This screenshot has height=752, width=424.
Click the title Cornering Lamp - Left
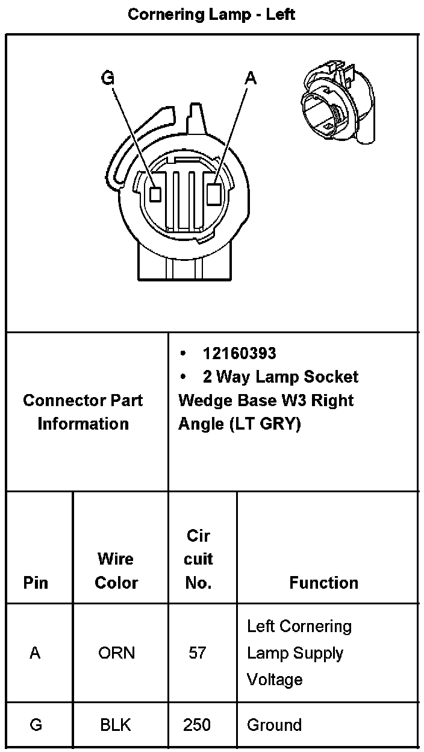tap(211, 14)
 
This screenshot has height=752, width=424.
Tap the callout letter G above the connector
tap(108, 78)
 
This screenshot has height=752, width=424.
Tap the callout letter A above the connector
tap(251, 78)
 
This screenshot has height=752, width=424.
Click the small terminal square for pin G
tap(155, 194)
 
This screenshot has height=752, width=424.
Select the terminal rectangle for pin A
tap(214, 193)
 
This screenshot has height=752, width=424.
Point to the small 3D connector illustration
tap(337, 105)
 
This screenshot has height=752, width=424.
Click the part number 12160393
tap(239, 353)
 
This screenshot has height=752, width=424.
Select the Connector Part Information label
tap(83, 412)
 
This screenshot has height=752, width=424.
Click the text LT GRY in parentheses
tap(264, 424)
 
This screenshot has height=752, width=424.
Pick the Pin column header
tap(36, 583)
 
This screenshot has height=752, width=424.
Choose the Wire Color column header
tap(116, 571)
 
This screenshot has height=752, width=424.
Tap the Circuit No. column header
tap(198, 559)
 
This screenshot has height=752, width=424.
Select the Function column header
tap(323, 583)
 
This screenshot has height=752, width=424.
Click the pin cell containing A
tap(35, 653)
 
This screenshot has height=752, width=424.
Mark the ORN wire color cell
tap(116, 653)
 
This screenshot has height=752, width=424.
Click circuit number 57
tap(198, 653)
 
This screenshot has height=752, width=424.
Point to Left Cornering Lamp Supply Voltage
tap(299, 653)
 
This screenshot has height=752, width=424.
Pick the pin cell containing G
tap(36, 724)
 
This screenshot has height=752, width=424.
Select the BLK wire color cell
tap(116, 724)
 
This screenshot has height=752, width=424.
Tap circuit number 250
tap(198, 724)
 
